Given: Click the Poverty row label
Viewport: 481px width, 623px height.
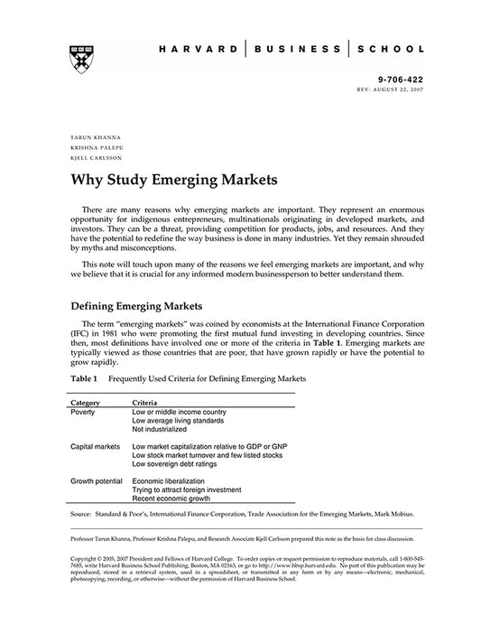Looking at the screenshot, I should click(84, 411).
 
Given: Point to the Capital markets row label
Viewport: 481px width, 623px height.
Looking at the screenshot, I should click(96, 446).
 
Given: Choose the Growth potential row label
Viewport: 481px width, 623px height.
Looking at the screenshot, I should click(98, 481).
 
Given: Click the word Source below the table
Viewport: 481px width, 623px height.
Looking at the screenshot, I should click(84, 514).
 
